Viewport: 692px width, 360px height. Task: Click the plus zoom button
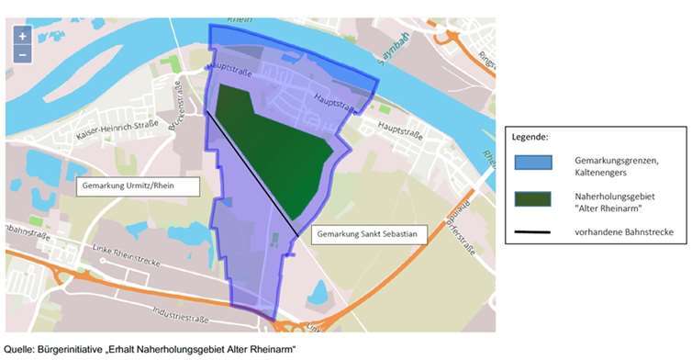point(23,35)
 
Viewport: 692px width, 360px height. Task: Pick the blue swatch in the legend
point(532,163)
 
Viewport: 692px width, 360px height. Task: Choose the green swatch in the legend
point(532,199)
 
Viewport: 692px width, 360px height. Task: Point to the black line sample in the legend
point(532,232)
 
